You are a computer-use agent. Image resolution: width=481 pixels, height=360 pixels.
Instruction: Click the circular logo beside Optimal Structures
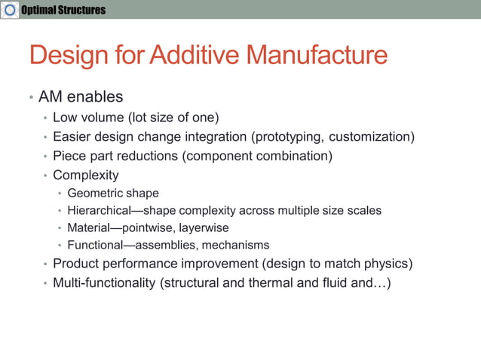tap(9, 10)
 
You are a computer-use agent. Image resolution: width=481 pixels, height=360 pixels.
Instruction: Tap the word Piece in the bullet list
tap(69, 157)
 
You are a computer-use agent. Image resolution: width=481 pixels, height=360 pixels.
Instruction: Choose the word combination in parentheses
tap(295, 157)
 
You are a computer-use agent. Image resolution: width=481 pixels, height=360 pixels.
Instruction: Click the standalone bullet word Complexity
tap(86, 175)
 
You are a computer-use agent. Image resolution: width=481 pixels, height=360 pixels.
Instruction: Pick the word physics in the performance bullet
tap(385, 264)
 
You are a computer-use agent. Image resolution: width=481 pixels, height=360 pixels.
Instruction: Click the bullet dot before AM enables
tap(31, 98)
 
